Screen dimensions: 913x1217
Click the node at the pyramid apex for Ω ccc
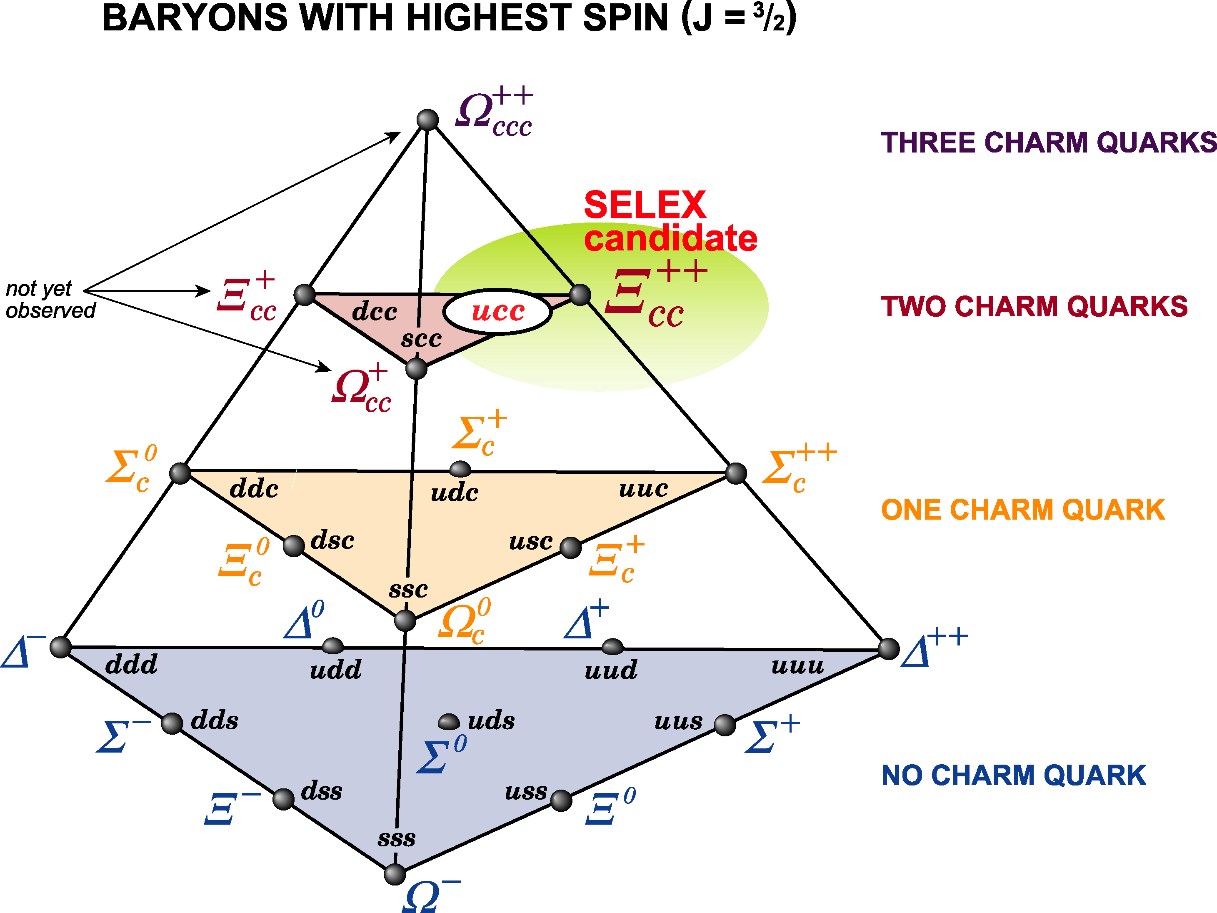pyautogui.click(x=427, y=120)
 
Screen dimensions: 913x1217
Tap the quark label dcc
pyautogui.click(x=375, y=312)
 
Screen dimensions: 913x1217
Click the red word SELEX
pyautogui.click(x=645, y=205)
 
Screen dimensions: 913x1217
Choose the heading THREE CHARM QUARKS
pyautogui.click(x=1048, y=142)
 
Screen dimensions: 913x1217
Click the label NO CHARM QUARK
pyautogui.click(x=1013, y=775)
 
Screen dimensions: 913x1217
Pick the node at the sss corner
pyautogui.click(x=395, y=874)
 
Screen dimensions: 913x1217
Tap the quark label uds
pyautogui.click(x=491, y=720)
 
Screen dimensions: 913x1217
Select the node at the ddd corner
pyautogui.click(x=60, y=647)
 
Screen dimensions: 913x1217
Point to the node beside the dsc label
pyautogui.click(x=294, y=546)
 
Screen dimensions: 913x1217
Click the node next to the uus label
pyautogui.click(x=725, y=725)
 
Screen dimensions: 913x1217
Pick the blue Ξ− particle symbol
pyautogui.click(x=232, y=808)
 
